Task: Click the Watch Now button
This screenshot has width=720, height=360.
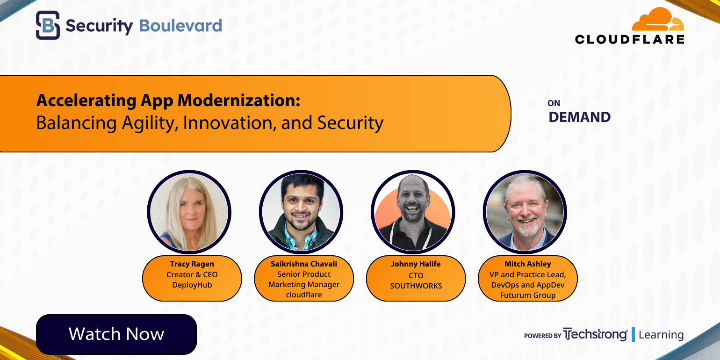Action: (x=116, y=334)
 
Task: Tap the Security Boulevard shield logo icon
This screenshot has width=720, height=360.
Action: (x=48, y=25)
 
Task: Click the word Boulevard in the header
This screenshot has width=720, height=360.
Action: (x=180, y=26)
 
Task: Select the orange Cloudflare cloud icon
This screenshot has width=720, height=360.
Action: (x=658, y=21)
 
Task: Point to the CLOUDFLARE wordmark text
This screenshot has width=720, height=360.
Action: (x=630, y=39)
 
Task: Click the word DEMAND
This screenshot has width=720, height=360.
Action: (x=579, y=117)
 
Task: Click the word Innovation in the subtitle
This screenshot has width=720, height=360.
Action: (x=226, y=122)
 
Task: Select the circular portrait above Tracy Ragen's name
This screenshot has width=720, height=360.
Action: (x=189, y=213)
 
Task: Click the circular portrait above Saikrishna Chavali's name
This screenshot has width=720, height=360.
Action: (x=301, y=213)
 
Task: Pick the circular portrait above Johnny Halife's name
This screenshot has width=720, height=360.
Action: (x=413, y=213)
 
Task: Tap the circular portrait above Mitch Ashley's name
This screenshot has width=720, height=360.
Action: (x=525, y=213)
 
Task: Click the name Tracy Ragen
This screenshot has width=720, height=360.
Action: (x=192, y=264)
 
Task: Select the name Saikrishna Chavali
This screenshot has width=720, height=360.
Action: (x=304, y=264)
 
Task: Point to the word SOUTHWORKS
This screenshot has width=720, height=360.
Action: (x=416, y=285)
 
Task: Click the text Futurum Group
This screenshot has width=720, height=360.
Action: (x=528, y=295)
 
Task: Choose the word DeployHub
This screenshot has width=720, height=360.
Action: (x=192, y=285)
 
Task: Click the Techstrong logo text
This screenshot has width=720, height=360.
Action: (x=595, y=335)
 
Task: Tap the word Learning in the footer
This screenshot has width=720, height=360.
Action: (x=661, y=335)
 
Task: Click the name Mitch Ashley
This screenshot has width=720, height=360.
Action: (x=528, y=264)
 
